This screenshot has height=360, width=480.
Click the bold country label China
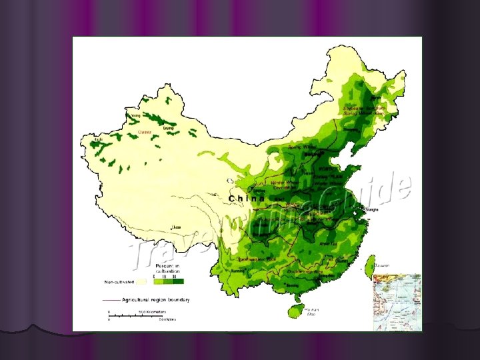[x=247, y=199]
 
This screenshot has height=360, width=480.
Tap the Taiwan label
[x=382, y=265]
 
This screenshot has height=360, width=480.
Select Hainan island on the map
[x=294, y=311]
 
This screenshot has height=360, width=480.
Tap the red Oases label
[x=145, y=133]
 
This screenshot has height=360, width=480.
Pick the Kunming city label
[x=237, y=272]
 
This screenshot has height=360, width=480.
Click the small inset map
[x=397, y=301]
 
